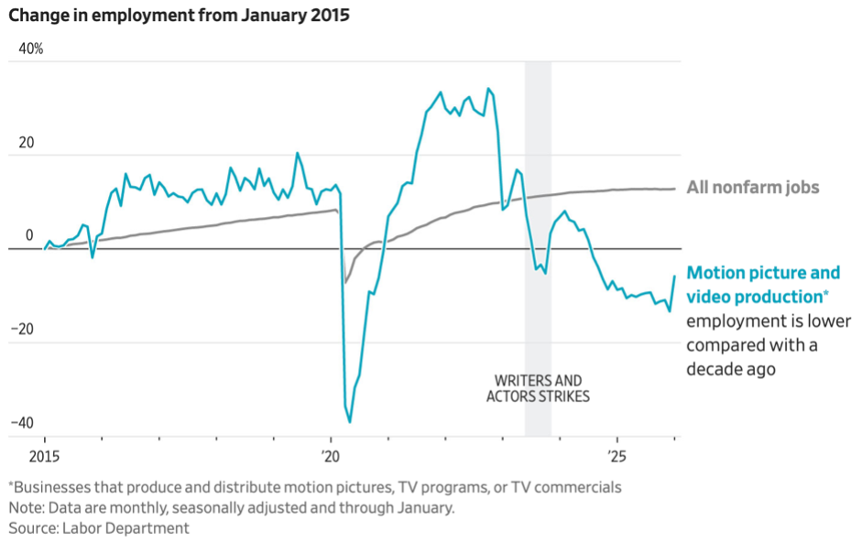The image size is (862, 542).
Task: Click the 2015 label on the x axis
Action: point(44,455)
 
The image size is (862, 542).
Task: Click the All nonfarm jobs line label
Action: point(752,188)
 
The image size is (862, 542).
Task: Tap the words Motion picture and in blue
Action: point(763,273)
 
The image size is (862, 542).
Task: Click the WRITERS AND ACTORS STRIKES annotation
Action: point(538,388)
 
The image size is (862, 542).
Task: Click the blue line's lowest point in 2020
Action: point(350,421)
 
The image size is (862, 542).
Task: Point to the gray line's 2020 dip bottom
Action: point(344,283)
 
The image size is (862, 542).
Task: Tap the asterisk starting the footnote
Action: point(11,486)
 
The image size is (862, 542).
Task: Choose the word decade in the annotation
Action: point(717,369)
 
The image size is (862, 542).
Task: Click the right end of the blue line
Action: point(675,276)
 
